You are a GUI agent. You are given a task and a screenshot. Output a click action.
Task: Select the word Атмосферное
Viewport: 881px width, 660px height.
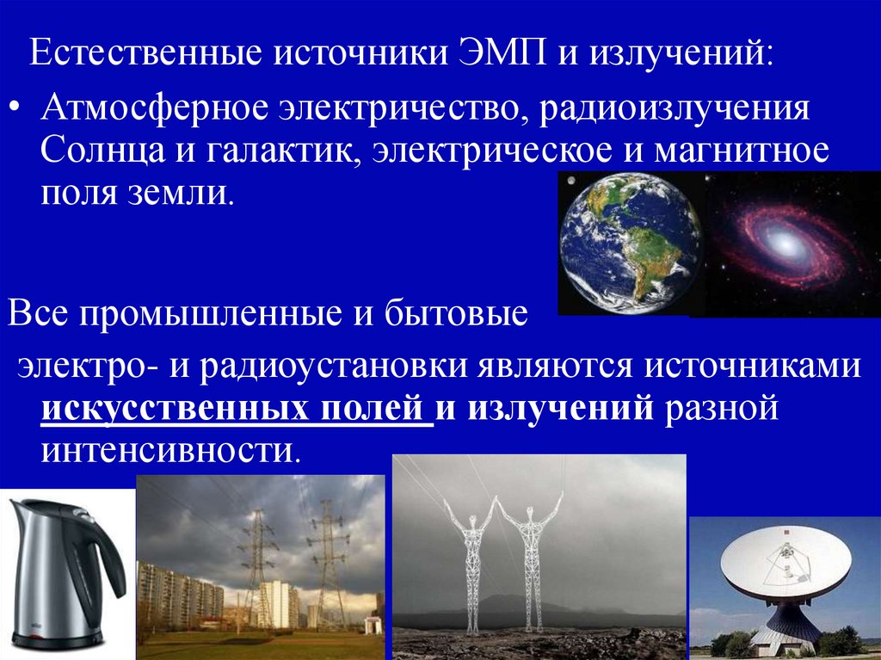[x=155, y=113]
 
